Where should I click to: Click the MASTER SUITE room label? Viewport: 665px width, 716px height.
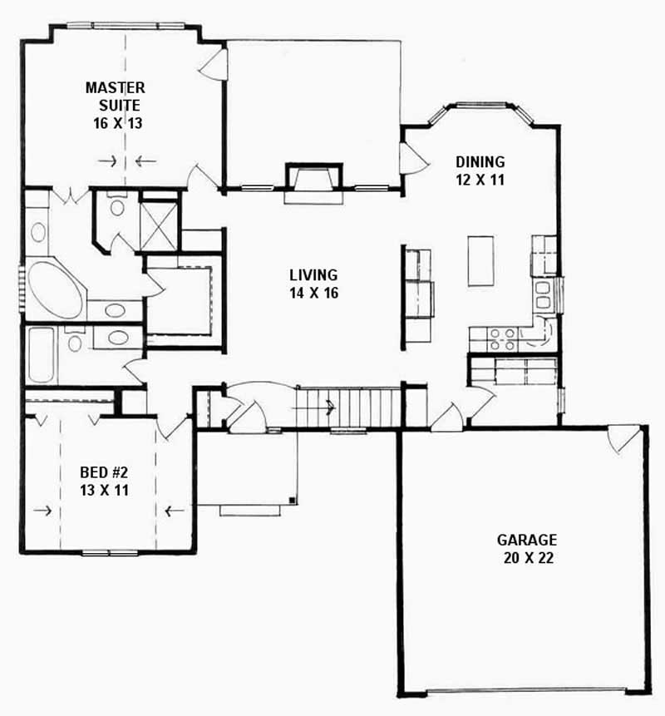[x=116, y=96]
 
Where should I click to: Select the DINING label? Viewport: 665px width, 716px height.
[x=480, y=161]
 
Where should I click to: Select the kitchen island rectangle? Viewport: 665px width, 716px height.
[x=480, y=260]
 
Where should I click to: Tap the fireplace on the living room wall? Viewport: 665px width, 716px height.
[x=313, y=181]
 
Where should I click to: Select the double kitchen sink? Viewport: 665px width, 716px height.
[x=542, y=294]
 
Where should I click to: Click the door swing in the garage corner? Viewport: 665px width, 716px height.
[x=626, y=438]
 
